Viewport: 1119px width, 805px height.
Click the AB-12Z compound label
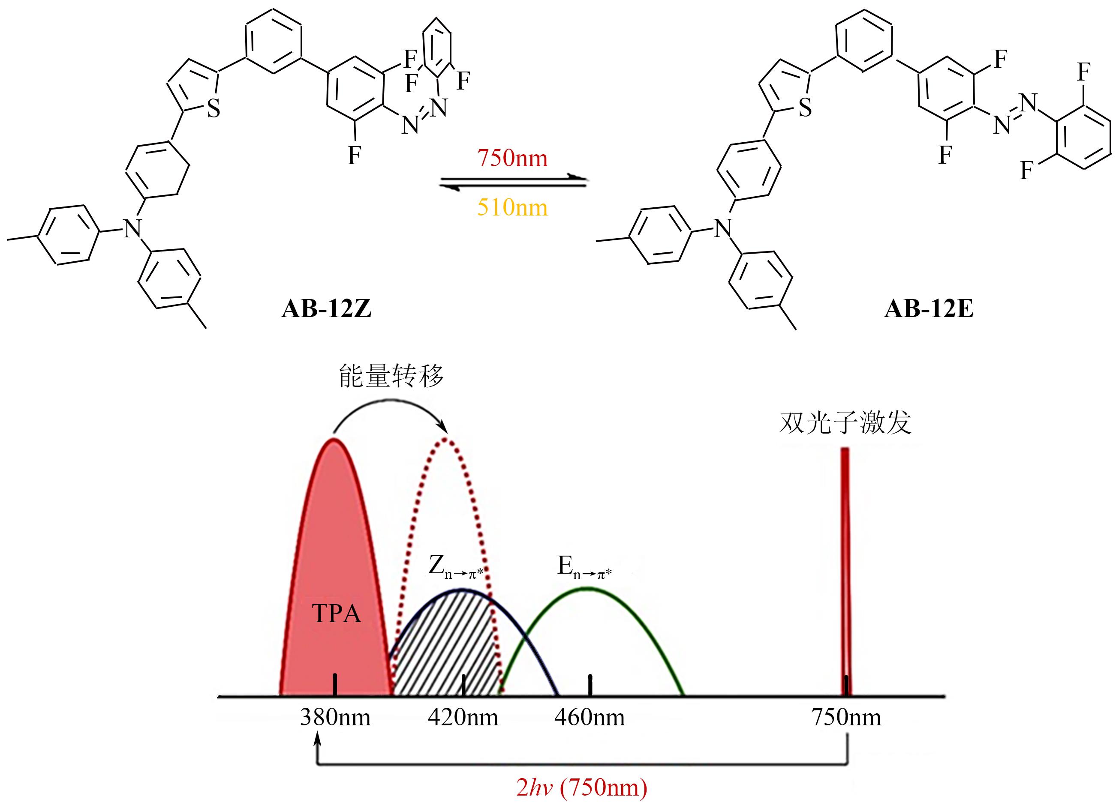[326, 309]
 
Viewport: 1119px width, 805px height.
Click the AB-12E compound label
[929, 309]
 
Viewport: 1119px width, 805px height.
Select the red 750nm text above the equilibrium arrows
[512, 158]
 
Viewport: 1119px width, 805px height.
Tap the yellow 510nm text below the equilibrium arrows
[512, 207]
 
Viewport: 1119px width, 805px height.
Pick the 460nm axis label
[590, 717]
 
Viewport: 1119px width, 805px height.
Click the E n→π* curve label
[585, 566]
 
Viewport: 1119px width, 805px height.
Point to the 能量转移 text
[391, 376]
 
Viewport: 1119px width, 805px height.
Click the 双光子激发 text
[845, 422]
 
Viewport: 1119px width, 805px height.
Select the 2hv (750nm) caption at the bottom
[582, 787]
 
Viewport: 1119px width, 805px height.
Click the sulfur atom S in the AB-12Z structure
[214, 108]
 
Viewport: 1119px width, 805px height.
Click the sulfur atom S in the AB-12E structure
[805, 108]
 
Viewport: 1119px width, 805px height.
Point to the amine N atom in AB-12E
[723, 228]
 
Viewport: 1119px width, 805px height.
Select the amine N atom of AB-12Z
[132, 228]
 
